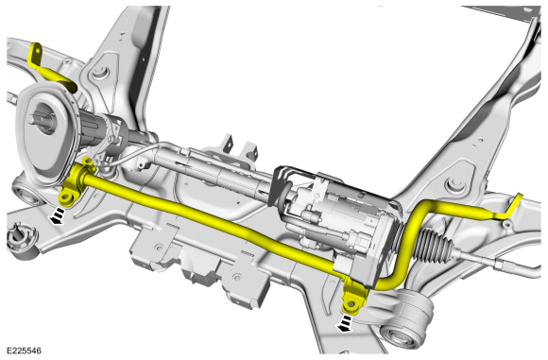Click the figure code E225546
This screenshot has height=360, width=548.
tap(24, 351)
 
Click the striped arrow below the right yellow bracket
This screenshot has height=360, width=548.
tap(344, 323)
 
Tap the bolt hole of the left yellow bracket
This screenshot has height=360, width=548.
tap(65, 198)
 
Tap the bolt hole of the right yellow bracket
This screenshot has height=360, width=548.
tap(350, 305)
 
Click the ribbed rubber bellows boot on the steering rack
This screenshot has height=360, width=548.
tap(433, 243)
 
